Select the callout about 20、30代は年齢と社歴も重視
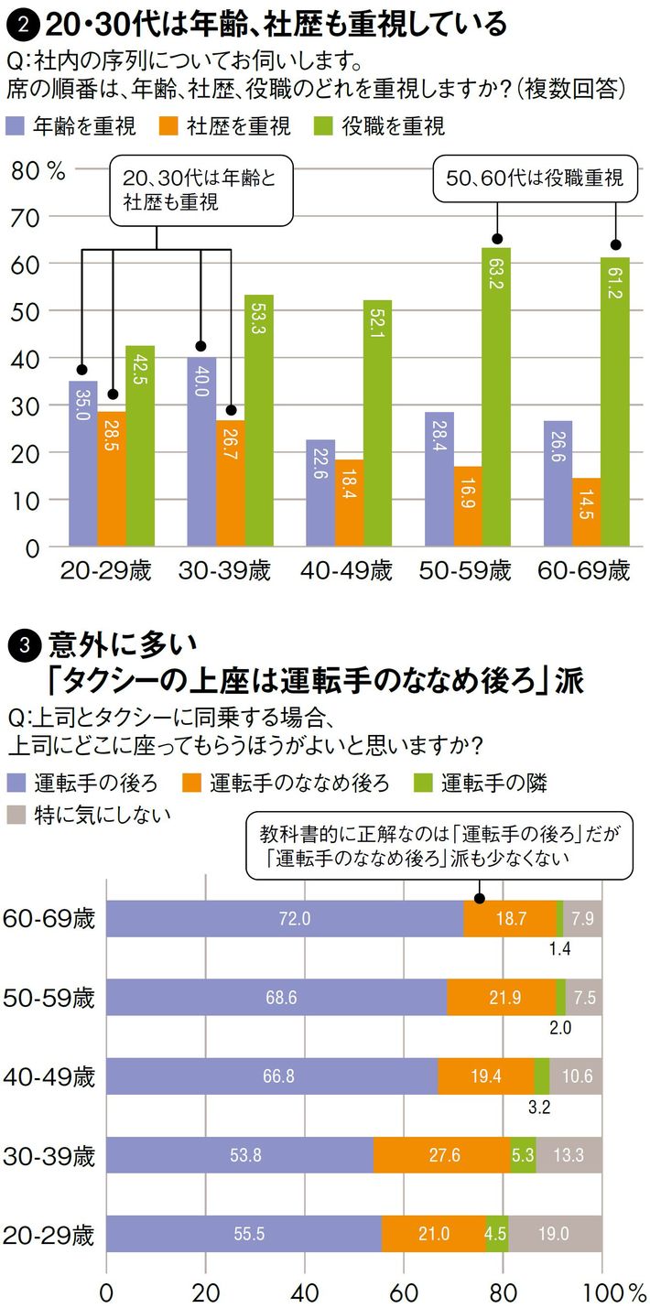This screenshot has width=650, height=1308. pos(201,189)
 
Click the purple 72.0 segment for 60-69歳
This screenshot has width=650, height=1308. pos(285,918)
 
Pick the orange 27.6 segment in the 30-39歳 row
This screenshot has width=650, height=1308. pos(440,1156)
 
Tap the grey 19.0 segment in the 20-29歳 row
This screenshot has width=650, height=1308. pos(555,1234)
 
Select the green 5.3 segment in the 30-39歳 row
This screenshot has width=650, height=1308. pos(523,1156)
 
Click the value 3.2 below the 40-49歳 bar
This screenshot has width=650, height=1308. pos(539,1107)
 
